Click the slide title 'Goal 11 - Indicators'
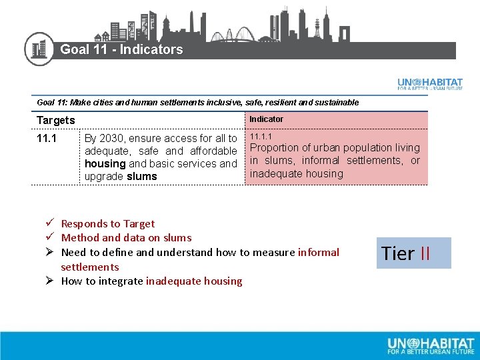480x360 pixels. point(121,49)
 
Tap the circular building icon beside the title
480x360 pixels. point(39,49)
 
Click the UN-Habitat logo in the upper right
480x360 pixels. point(430,84)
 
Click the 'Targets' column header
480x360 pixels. point(56,121)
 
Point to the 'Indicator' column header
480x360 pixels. point(266,119)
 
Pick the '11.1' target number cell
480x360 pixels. point(47,139)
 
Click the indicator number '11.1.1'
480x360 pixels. point(261,137)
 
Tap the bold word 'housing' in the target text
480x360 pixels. point(105,164)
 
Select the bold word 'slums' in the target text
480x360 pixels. point(141,177)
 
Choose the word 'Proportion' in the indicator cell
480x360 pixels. point(275,148)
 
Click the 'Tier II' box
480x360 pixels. point(413,253)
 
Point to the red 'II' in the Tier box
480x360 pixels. point(425,253)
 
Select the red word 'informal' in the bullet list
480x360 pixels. point(319,253)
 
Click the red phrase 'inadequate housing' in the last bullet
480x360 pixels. point(194,281)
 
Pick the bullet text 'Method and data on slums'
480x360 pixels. point(126,238)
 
